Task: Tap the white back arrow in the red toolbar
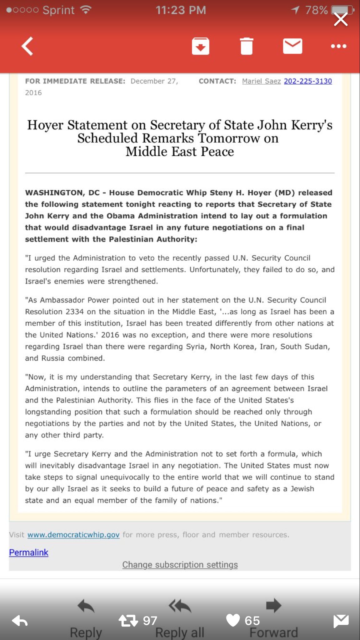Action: [x=27, y=46]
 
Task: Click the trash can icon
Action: [x=247, y=46]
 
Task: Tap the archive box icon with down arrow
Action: [x=200, y=46]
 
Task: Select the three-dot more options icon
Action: [x=339, y=46]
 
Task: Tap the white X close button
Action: [x=341, y=20]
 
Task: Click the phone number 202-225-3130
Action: [x=308, y=81]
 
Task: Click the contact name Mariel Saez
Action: [x=261, y=81]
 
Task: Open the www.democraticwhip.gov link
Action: [x=73, y=535]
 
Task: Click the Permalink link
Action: [x=29, y=552]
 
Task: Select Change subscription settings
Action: [x=180, y=565]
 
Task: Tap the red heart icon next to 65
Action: [x=233, y=620]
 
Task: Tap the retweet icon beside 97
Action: [x=128, y=621]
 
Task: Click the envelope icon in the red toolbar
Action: [x=292, y=46]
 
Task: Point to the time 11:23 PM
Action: [x=181, y=10]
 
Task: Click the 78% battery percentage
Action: [x=316, y=10]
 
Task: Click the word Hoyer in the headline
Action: [x=45, y=125]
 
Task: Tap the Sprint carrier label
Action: [x=58, y=10]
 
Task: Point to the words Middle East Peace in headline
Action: [x=180, y=152]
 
